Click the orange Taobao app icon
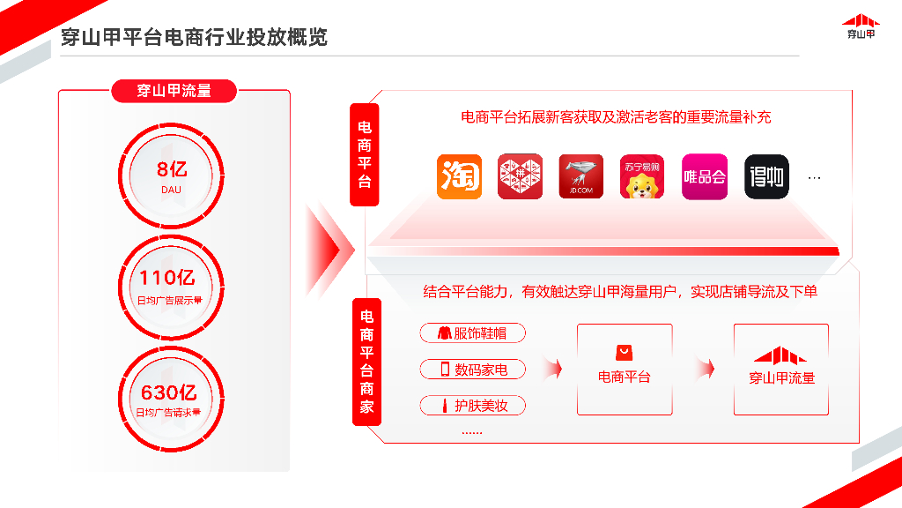(459, 176)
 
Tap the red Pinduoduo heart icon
(520, 176)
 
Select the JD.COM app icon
(581, 176)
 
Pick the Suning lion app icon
(642, 176)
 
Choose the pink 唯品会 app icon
(705, 176)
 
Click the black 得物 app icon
(767, 176)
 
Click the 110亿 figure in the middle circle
(167, 278)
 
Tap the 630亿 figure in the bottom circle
(169, 392)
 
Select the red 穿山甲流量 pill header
(174, 91)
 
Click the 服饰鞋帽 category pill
(473, 332)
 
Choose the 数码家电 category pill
(473, 370)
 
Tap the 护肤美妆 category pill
(473, 406)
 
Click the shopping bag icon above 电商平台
(625, 352)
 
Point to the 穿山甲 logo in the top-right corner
(861, 27)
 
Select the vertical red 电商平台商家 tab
(366, 362)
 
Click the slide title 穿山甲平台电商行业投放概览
(194, 37)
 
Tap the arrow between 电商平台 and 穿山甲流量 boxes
(706, 369)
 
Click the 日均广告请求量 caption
(168, 413)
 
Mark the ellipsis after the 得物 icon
(814, 178)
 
